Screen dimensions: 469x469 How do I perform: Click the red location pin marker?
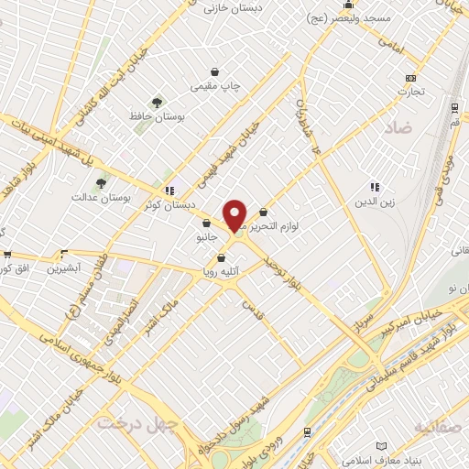tap(235, 216)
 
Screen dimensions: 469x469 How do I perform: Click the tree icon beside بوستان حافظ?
tap(157, 102)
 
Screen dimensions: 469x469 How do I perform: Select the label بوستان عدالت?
tap(103, 196)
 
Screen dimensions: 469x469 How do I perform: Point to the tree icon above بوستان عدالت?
tap(101, 182)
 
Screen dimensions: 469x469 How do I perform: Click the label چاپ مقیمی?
tap(214, 85)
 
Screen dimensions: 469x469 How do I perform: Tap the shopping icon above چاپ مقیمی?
tap(214, 71)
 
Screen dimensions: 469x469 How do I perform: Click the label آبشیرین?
tap(65, 268)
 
